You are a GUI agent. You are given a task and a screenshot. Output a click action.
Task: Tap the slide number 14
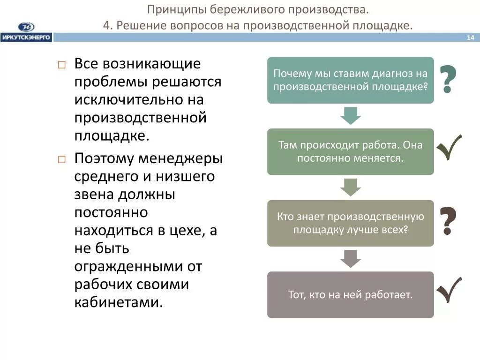[470, 38]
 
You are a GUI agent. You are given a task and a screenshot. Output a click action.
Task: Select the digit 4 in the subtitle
[107, 25]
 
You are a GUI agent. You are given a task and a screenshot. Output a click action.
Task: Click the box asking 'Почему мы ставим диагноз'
[351, 80]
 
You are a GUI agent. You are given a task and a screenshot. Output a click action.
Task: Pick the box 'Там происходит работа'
[351, 151]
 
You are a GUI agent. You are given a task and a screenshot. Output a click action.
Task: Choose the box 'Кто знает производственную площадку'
[351, 223]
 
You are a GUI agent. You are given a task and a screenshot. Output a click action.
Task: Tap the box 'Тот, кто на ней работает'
[351, 295]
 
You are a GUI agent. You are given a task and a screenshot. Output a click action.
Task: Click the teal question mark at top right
[448, 80]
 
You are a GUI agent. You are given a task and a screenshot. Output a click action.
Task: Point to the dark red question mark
[448, 221]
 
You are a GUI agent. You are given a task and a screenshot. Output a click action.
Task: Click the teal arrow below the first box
[351, 115]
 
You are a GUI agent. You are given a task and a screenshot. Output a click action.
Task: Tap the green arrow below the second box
[351, 187]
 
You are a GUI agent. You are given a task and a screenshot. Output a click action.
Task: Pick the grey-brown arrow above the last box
[351, 258]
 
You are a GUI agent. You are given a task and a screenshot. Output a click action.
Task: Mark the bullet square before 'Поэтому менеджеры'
[61, 159]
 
